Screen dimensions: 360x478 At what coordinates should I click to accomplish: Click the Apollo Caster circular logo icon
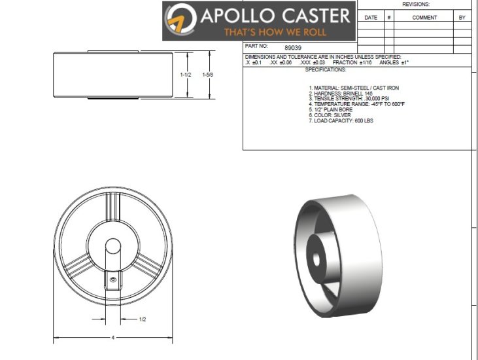180,20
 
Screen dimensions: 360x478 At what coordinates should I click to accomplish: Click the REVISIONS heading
416,4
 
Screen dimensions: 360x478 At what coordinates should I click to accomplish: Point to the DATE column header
371,18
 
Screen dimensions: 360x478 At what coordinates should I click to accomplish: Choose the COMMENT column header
424,18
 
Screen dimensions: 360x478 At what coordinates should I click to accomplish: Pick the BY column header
462,18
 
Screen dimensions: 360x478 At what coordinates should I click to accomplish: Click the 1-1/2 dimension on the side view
186,75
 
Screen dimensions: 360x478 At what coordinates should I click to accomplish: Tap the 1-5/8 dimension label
208,75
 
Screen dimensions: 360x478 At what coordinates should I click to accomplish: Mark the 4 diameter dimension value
112,338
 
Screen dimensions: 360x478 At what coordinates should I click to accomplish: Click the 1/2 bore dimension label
143,319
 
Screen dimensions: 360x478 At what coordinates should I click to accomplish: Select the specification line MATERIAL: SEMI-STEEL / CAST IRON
353,87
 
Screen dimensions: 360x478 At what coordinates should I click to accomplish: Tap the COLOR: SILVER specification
331,115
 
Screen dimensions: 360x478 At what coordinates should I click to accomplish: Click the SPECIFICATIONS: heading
325,69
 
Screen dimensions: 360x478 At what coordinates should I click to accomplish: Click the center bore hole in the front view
112,247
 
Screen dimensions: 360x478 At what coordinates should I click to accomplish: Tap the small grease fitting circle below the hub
112,280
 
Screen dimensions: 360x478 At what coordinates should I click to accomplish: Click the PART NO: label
256,47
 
